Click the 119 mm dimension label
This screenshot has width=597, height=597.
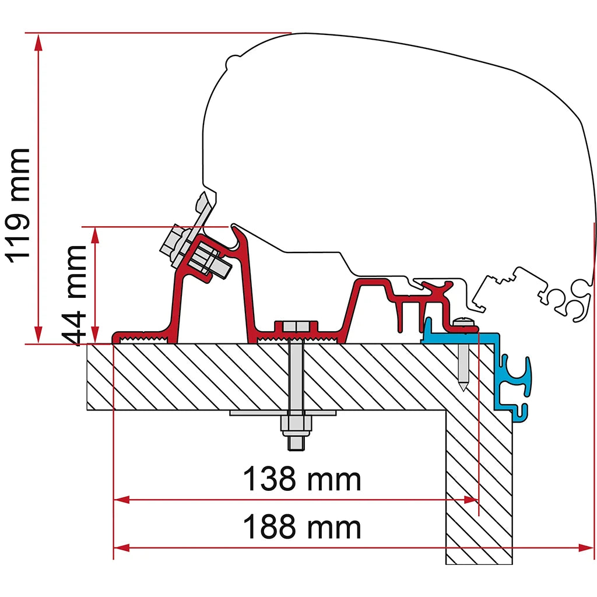point(17,206)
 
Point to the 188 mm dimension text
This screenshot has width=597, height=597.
point(301,526)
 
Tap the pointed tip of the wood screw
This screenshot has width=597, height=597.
point(463,390)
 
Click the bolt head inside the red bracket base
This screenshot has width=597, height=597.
point(296,326)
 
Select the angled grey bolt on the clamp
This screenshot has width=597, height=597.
point(194,252)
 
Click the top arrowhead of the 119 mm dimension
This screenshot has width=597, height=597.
point(38,42)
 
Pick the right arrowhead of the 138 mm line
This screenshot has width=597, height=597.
point(471,500)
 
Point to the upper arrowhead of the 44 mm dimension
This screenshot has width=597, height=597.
point(96,236)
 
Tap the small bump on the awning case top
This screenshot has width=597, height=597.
point(233,61)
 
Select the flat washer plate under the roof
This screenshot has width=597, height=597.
point(283,413)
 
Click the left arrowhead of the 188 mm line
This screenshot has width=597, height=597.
point(122,548)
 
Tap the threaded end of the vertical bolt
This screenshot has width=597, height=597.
point(296,443)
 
